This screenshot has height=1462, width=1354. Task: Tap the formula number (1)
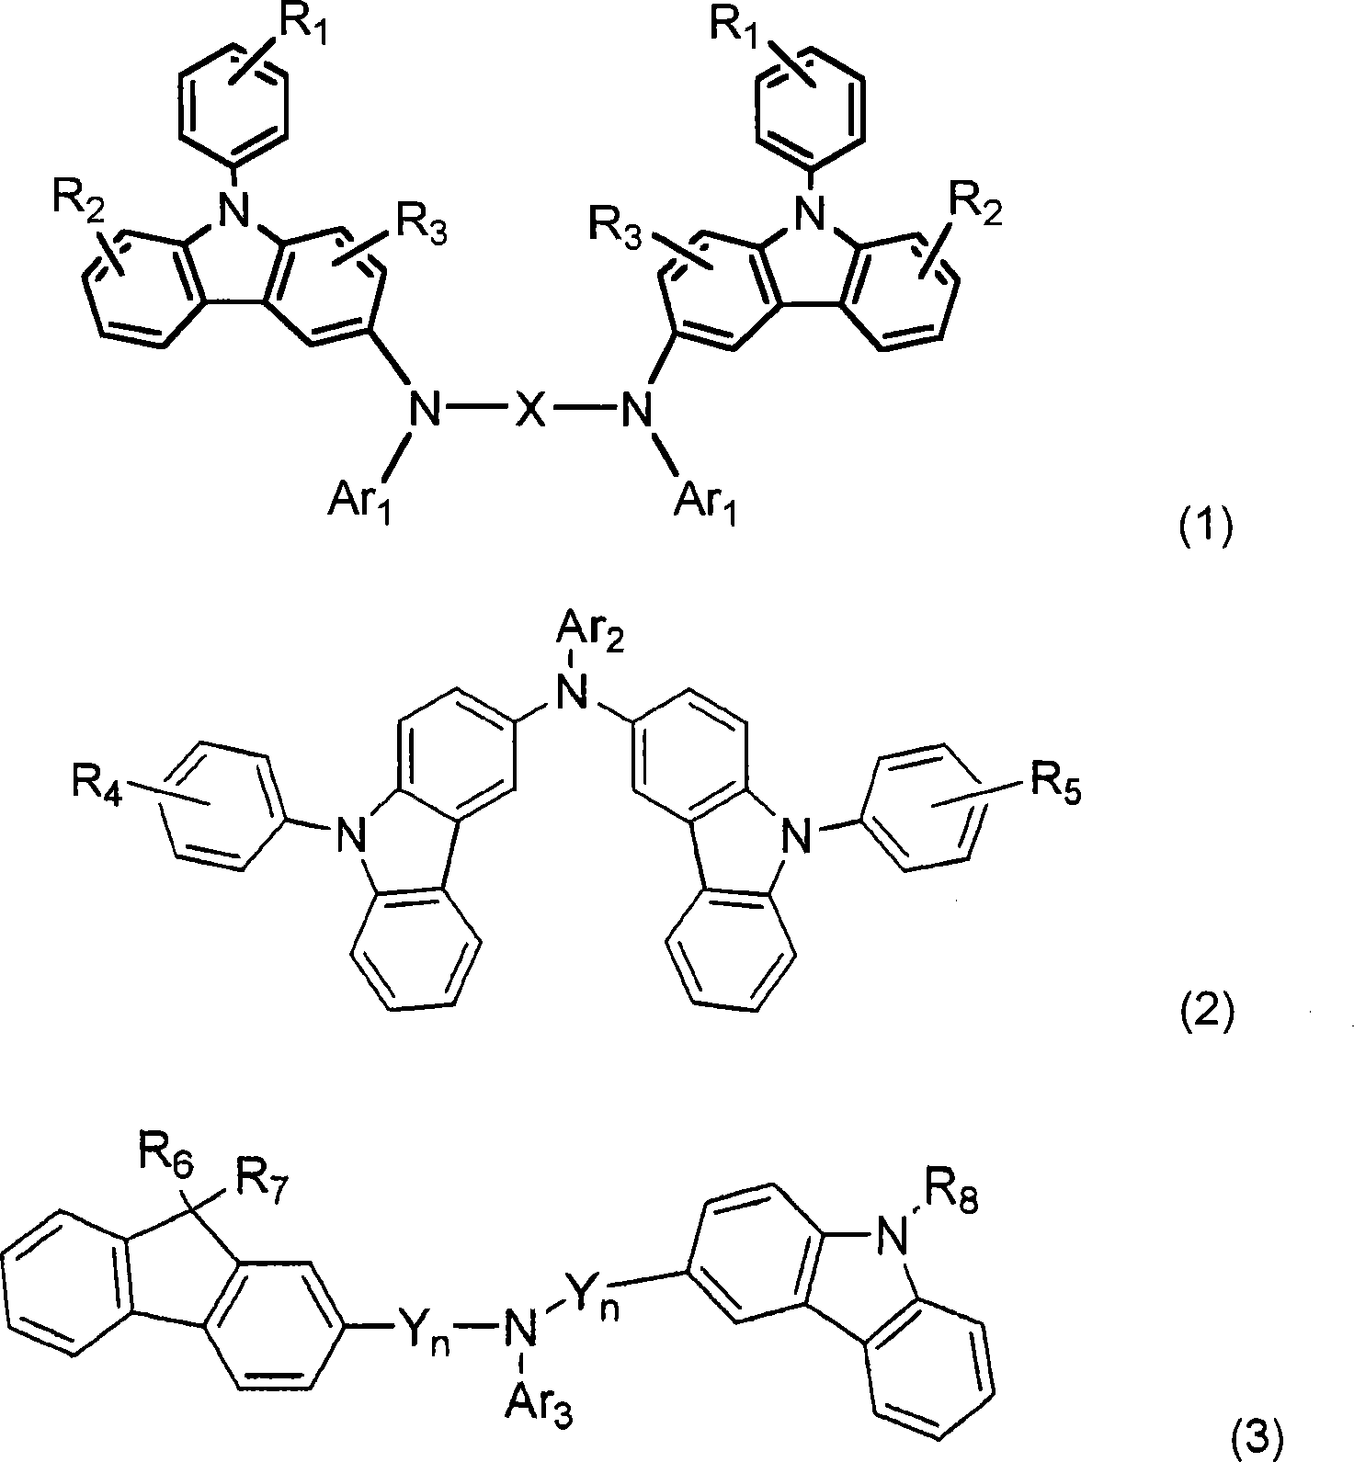1205,529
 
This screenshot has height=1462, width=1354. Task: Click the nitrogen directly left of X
425,409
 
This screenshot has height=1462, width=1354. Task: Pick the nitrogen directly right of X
631,409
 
